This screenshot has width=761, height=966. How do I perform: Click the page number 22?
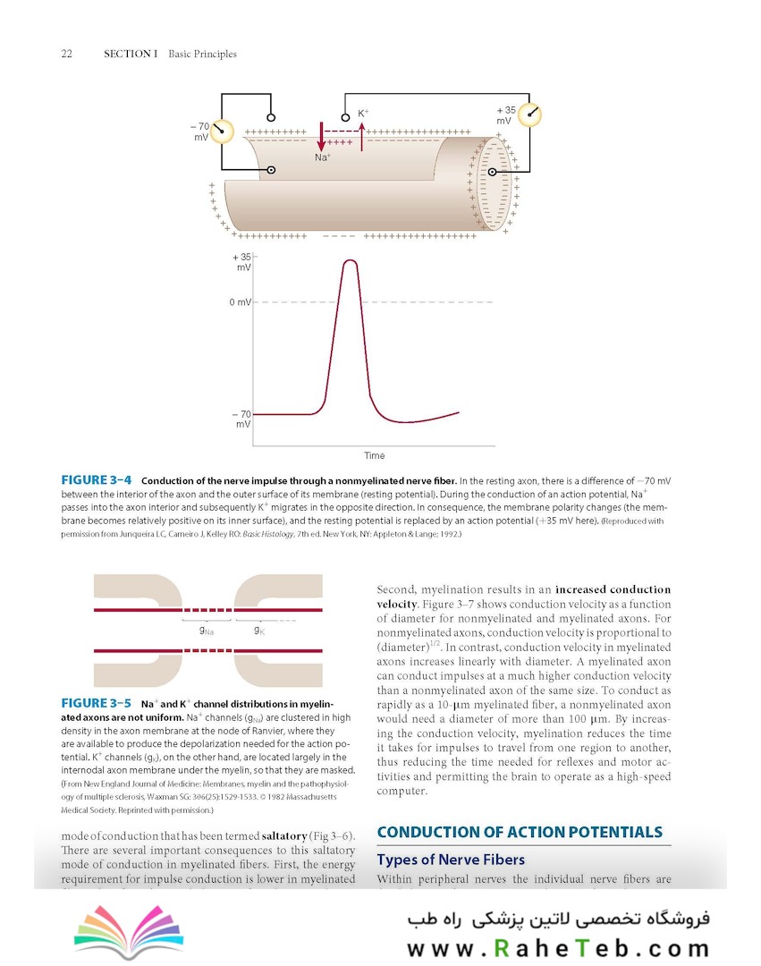click(x=66, y=54)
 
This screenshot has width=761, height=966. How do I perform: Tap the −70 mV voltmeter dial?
click(x=222, y=131)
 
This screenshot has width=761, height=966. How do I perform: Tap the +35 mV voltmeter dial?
click(x=529, y=114)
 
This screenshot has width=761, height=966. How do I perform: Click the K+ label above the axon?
click(x=364, y=114)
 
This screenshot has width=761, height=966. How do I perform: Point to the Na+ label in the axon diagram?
click(x=323, y=157)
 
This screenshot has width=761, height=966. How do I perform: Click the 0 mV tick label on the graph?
click(x=240, y=302)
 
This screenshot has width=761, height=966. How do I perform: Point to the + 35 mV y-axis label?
click(x=242, y=261)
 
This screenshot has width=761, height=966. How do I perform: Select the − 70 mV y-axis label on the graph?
click(x=241, y=419)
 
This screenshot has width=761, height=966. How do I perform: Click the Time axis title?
click(x=374, y=456)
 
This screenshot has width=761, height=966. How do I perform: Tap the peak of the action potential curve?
click(x=349, y=260)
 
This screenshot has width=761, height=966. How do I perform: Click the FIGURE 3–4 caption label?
click(x=96, y=480)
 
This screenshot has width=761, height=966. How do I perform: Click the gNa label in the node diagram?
click(x=207, y=630)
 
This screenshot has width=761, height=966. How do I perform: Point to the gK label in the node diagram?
click(x=258, y=630)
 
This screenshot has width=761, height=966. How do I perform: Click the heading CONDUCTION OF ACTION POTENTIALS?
click(x=520, y=832)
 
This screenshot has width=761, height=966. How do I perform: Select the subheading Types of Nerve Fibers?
click(x=450, y=860)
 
